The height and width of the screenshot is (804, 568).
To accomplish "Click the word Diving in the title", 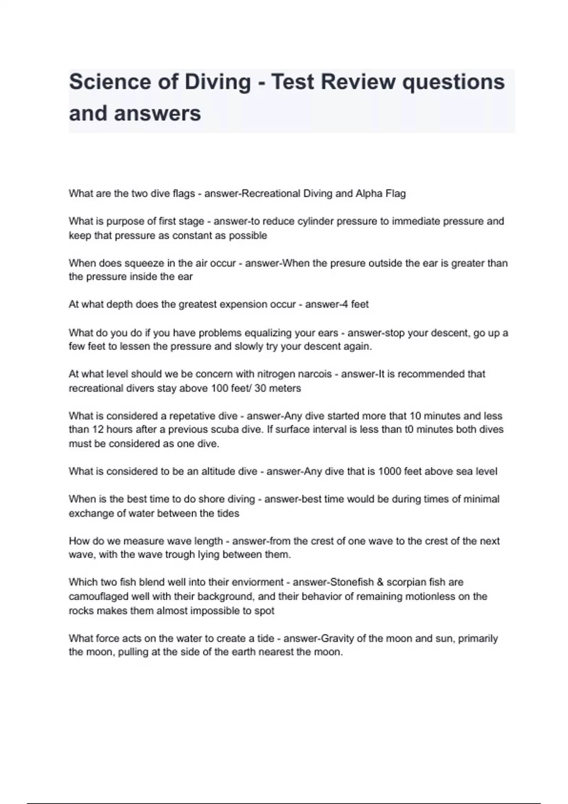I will click(217, 82).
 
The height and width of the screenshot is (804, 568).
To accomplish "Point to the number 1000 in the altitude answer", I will click(389, 472).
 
